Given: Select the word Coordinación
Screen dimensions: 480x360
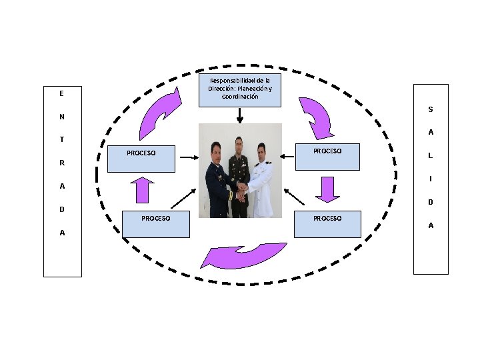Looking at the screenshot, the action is [x=240, y=97].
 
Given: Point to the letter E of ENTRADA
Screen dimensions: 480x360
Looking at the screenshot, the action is [x=61, y=93].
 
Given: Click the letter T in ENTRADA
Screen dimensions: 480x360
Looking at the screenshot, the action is [x=62, y=139].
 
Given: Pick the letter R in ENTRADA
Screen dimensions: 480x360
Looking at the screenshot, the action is [x=62, y=163].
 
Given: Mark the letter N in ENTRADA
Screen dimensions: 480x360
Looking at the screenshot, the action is [x=62, y=117].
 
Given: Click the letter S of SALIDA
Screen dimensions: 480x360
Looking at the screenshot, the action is [x=431, y=109].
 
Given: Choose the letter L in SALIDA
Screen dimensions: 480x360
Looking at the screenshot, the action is [x=431, y=155].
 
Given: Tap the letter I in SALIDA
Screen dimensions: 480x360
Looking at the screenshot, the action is [x=431, y=179].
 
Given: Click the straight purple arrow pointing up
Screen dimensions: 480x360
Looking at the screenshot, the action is [x=143, y=190].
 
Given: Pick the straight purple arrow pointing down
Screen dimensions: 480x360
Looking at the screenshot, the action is [x=327, y=189].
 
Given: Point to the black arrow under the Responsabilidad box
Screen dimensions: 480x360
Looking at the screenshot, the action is [x=240, y=116].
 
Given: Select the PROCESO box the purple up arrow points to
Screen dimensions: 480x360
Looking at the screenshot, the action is [x=141, y=159].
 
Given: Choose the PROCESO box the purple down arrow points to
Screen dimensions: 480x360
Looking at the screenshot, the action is [x=327, y=224].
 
